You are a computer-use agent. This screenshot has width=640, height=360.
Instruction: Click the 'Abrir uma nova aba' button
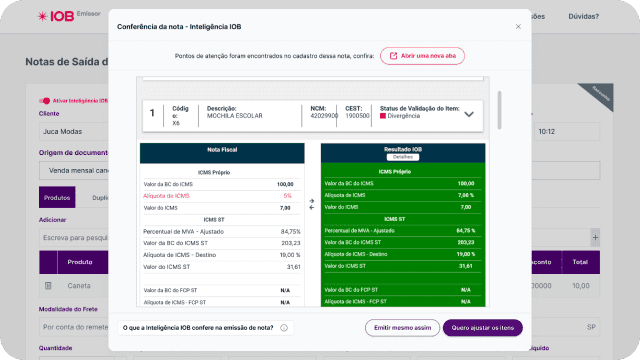pyautogui.click(x=422, y=56)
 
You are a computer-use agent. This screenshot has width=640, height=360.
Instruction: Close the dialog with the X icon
pyautogui.click(x=518, y=26)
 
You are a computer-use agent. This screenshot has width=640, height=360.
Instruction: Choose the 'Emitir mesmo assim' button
pyautogui.click(x=402, y=327)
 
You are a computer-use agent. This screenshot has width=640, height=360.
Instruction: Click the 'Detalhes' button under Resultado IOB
pyautogui.click(x=403, y=157)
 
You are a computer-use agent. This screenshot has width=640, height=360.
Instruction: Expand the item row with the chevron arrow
pyautogui.click(x=468, y=114)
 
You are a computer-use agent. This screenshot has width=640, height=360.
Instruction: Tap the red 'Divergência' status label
pyautogui.click(x=404, y=116)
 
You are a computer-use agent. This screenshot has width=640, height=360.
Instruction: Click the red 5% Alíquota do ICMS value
pyautogui.click(x=286, y=196)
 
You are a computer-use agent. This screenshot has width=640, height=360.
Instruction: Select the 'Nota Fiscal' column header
pyautogui.click(x=221, y=149)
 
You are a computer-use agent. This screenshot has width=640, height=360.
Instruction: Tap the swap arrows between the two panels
pyautogui.click(x=311, y=203)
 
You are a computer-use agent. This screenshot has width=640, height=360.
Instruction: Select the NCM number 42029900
pyautogui.click(x=324, y=116)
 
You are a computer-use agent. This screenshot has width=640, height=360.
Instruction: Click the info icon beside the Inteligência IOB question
pyautogui.click(x=284, y=327)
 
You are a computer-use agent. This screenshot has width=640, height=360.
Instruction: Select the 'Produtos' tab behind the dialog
pyautogui.click(x=58, y=198)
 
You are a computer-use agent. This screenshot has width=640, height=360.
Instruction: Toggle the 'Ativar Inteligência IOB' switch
pyautogui.click(x=45, y=100)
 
